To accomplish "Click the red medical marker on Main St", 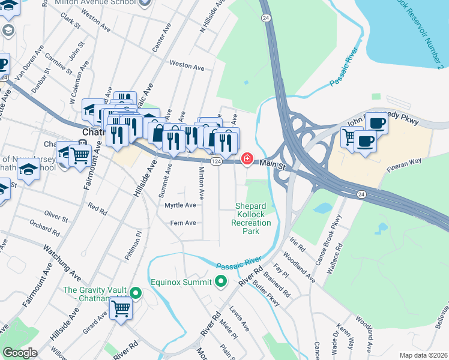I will (x=246, y=159).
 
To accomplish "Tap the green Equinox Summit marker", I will (x=221, y=281).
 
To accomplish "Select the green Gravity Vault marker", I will (x=136, y=293).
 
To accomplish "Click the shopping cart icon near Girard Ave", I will (x=121, y=309).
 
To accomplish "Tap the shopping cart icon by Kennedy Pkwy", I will (x=350, y=137).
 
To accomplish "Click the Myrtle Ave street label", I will (x=180, y=205).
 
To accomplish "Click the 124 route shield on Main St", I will (x=217, y=162).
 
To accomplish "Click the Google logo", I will (x=20, y=353).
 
